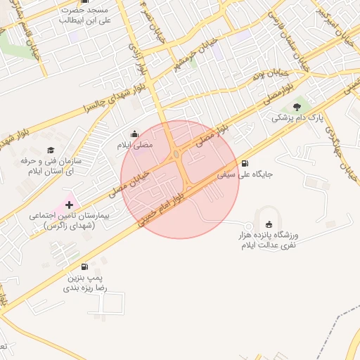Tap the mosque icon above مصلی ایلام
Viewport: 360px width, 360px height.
[134, 134]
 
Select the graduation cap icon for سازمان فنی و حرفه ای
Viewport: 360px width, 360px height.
[51, 150]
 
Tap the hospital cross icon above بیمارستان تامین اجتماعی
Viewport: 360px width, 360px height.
[68, 204]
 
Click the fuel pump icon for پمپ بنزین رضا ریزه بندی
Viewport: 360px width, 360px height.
[85, 266]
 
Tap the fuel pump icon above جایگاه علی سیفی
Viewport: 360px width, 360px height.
[244, 161]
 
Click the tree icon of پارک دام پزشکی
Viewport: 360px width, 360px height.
[297, 106]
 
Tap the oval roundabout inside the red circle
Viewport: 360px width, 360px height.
[175, 155]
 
